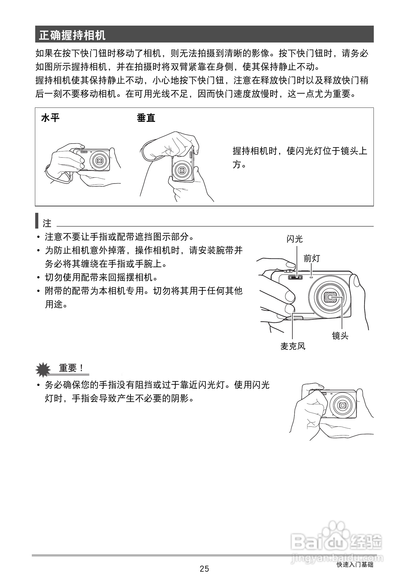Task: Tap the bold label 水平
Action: [x=50, y=118]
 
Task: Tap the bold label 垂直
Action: [x=146, y=118]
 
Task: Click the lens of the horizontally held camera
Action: [x=99, y=160]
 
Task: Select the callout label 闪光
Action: [x=294, y=239]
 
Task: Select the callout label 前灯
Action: [x=312, y=258]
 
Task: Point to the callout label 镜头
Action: [x=340, y=336]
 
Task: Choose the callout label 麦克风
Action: [x=293, y=346]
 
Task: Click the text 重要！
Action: [x=71, y=368]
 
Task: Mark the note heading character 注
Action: [x=47, y=224]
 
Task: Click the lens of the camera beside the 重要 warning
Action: [x=343, y=405]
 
